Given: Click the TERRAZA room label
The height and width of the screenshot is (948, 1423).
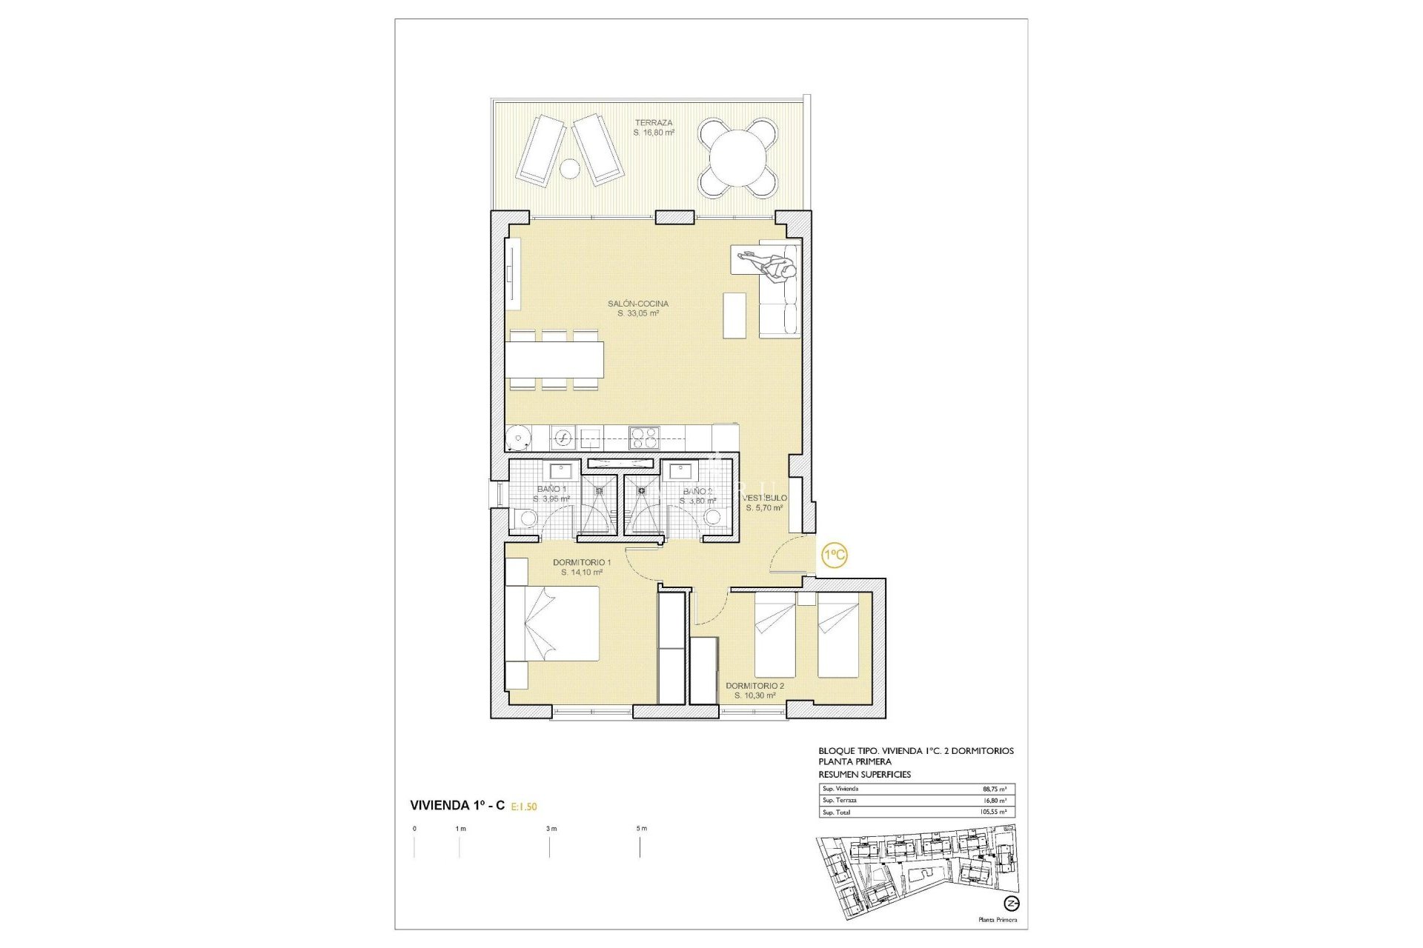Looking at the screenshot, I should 653,123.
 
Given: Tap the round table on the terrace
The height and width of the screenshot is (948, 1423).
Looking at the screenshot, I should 738,158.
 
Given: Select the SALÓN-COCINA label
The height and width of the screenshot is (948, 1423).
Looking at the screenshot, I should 637,304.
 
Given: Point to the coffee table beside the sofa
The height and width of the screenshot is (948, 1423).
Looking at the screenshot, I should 734,316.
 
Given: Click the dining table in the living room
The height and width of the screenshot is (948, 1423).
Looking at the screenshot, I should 554,359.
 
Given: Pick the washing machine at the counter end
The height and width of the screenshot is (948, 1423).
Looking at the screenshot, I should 519,437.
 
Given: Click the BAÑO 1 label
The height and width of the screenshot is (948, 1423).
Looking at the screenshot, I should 551,490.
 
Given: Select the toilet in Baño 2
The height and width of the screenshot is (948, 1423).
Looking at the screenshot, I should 713,516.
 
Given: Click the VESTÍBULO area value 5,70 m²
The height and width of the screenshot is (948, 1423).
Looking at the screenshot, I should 764,508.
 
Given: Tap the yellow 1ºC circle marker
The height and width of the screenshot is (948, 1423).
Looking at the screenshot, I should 835,555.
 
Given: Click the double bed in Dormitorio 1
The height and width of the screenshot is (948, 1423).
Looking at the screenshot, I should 552,623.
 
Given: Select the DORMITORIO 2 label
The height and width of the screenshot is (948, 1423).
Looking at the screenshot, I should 754,686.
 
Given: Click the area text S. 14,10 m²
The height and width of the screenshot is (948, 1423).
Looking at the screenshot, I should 582,573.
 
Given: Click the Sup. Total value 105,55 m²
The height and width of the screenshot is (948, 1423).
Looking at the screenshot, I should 992,812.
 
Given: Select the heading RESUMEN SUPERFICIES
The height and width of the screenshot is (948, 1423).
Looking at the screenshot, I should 864,774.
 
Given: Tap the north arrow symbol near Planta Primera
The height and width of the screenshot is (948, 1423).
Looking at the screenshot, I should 1012,904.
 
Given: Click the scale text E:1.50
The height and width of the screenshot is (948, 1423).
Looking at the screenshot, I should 524,807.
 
